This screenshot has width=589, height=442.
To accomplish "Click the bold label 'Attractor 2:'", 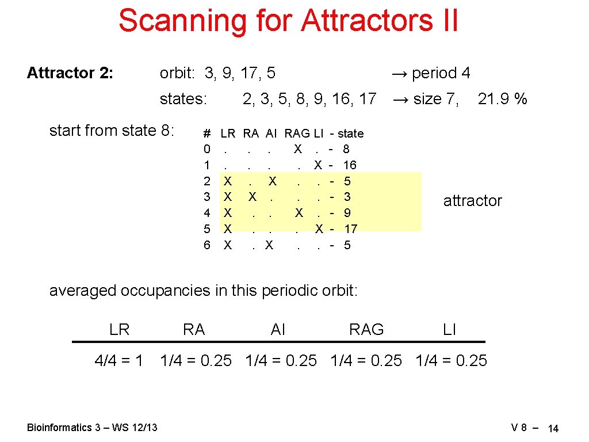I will point(70,73).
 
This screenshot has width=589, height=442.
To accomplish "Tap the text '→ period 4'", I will point(430,73).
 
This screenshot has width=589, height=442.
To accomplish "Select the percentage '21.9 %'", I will point(502,99).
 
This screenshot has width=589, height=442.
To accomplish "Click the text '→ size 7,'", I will point(425,99).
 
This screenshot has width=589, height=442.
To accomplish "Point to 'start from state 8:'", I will point(112,131).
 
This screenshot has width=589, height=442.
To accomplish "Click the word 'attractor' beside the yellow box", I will point(472,201).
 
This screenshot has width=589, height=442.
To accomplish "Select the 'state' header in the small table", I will point(350,134).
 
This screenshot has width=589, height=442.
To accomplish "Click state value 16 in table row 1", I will point(349,165).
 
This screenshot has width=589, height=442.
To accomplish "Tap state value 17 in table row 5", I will point(350,229).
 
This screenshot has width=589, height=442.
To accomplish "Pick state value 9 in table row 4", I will point(347,213).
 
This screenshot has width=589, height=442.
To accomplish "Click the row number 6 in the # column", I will point(207,245).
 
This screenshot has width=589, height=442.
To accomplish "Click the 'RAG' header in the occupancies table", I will point(366,329).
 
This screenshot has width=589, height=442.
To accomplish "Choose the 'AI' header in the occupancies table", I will point(278,329).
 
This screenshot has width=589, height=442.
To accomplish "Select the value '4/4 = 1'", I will point(119,361).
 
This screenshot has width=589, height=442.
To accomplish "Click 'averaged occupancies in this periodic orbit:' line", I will point(204,291).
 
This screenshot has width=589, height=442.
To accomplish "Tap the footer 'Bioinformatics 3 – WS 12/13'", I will point(93,427).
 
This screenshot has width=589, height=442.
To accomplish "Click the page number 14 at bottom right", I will point(553,428).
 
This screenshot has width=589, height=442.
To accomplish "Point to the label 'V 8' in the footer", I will point(519,428).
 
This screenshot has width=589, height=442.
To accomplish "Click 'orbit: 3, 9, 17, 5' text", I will point(217,73).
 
